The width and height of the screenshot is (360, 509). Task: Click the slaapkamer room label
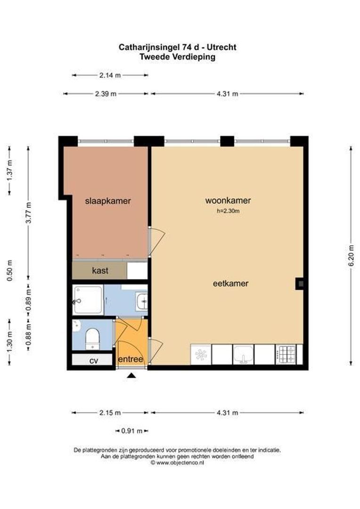(107, 201)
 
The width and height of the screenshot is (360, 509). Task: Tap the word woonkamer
(228, 200)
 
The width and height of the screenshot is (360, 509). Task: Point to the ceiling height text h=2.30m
(228, 212)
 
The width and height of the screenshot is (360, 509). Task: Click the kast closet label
(100, 271)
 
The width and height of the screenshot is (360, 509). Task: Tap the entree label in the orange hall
(131, 359)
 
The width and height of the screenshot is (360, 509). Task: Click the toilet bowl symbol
(92, 338)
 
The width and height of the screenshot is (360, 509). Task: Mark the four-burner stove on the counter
(286, 354)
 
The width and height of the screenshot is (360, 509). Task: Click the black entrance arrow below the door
(131, 375)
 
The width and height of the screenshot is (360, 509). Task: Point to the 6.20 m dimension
(351, 256)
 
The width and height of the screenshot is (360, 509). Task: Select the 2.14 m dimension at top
(110, 75)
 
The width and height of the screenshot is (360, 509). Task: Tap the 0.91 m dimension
(131, 431)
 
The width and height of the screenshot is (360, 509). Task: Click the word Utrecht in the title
(223, 47)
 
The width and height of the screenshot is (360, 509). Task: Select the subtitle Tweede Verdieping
(177, 57)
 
